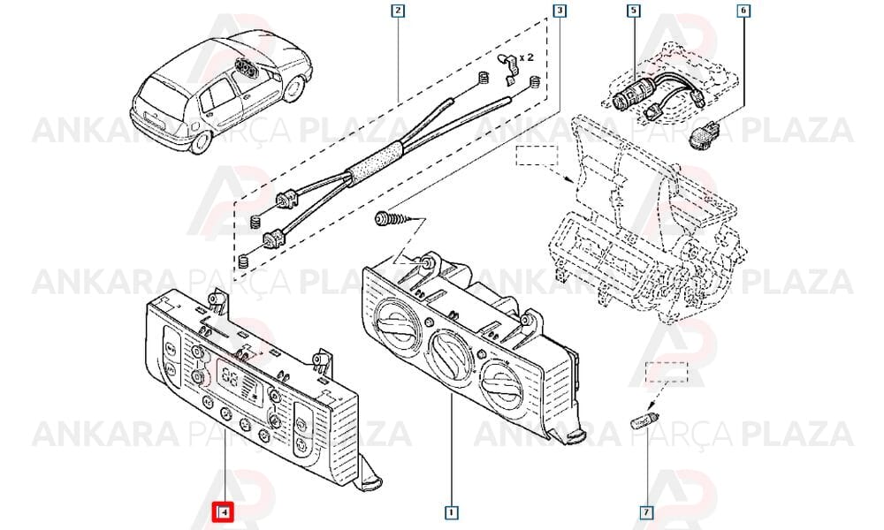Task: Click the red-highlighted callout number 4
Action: (x=224, y=512)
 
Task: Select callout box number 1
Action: (x=451, y=512)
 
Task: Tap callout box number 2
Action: (x=398, y=11)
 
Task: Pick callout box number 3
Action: (x=559, y=11)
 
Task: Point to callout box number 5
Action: (x=635, y=11)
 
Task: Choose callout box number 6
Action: (x=743, y=11)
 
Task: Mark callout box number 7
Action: (x=646, y=512)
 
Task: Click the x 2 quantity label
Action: (x=526, y=57)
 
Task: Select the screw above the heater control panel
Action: (x=393, y=220)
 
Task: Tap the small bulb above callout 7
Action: (x=644, y=420)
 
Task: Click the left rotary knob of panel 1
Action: (x=396, y=325)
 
